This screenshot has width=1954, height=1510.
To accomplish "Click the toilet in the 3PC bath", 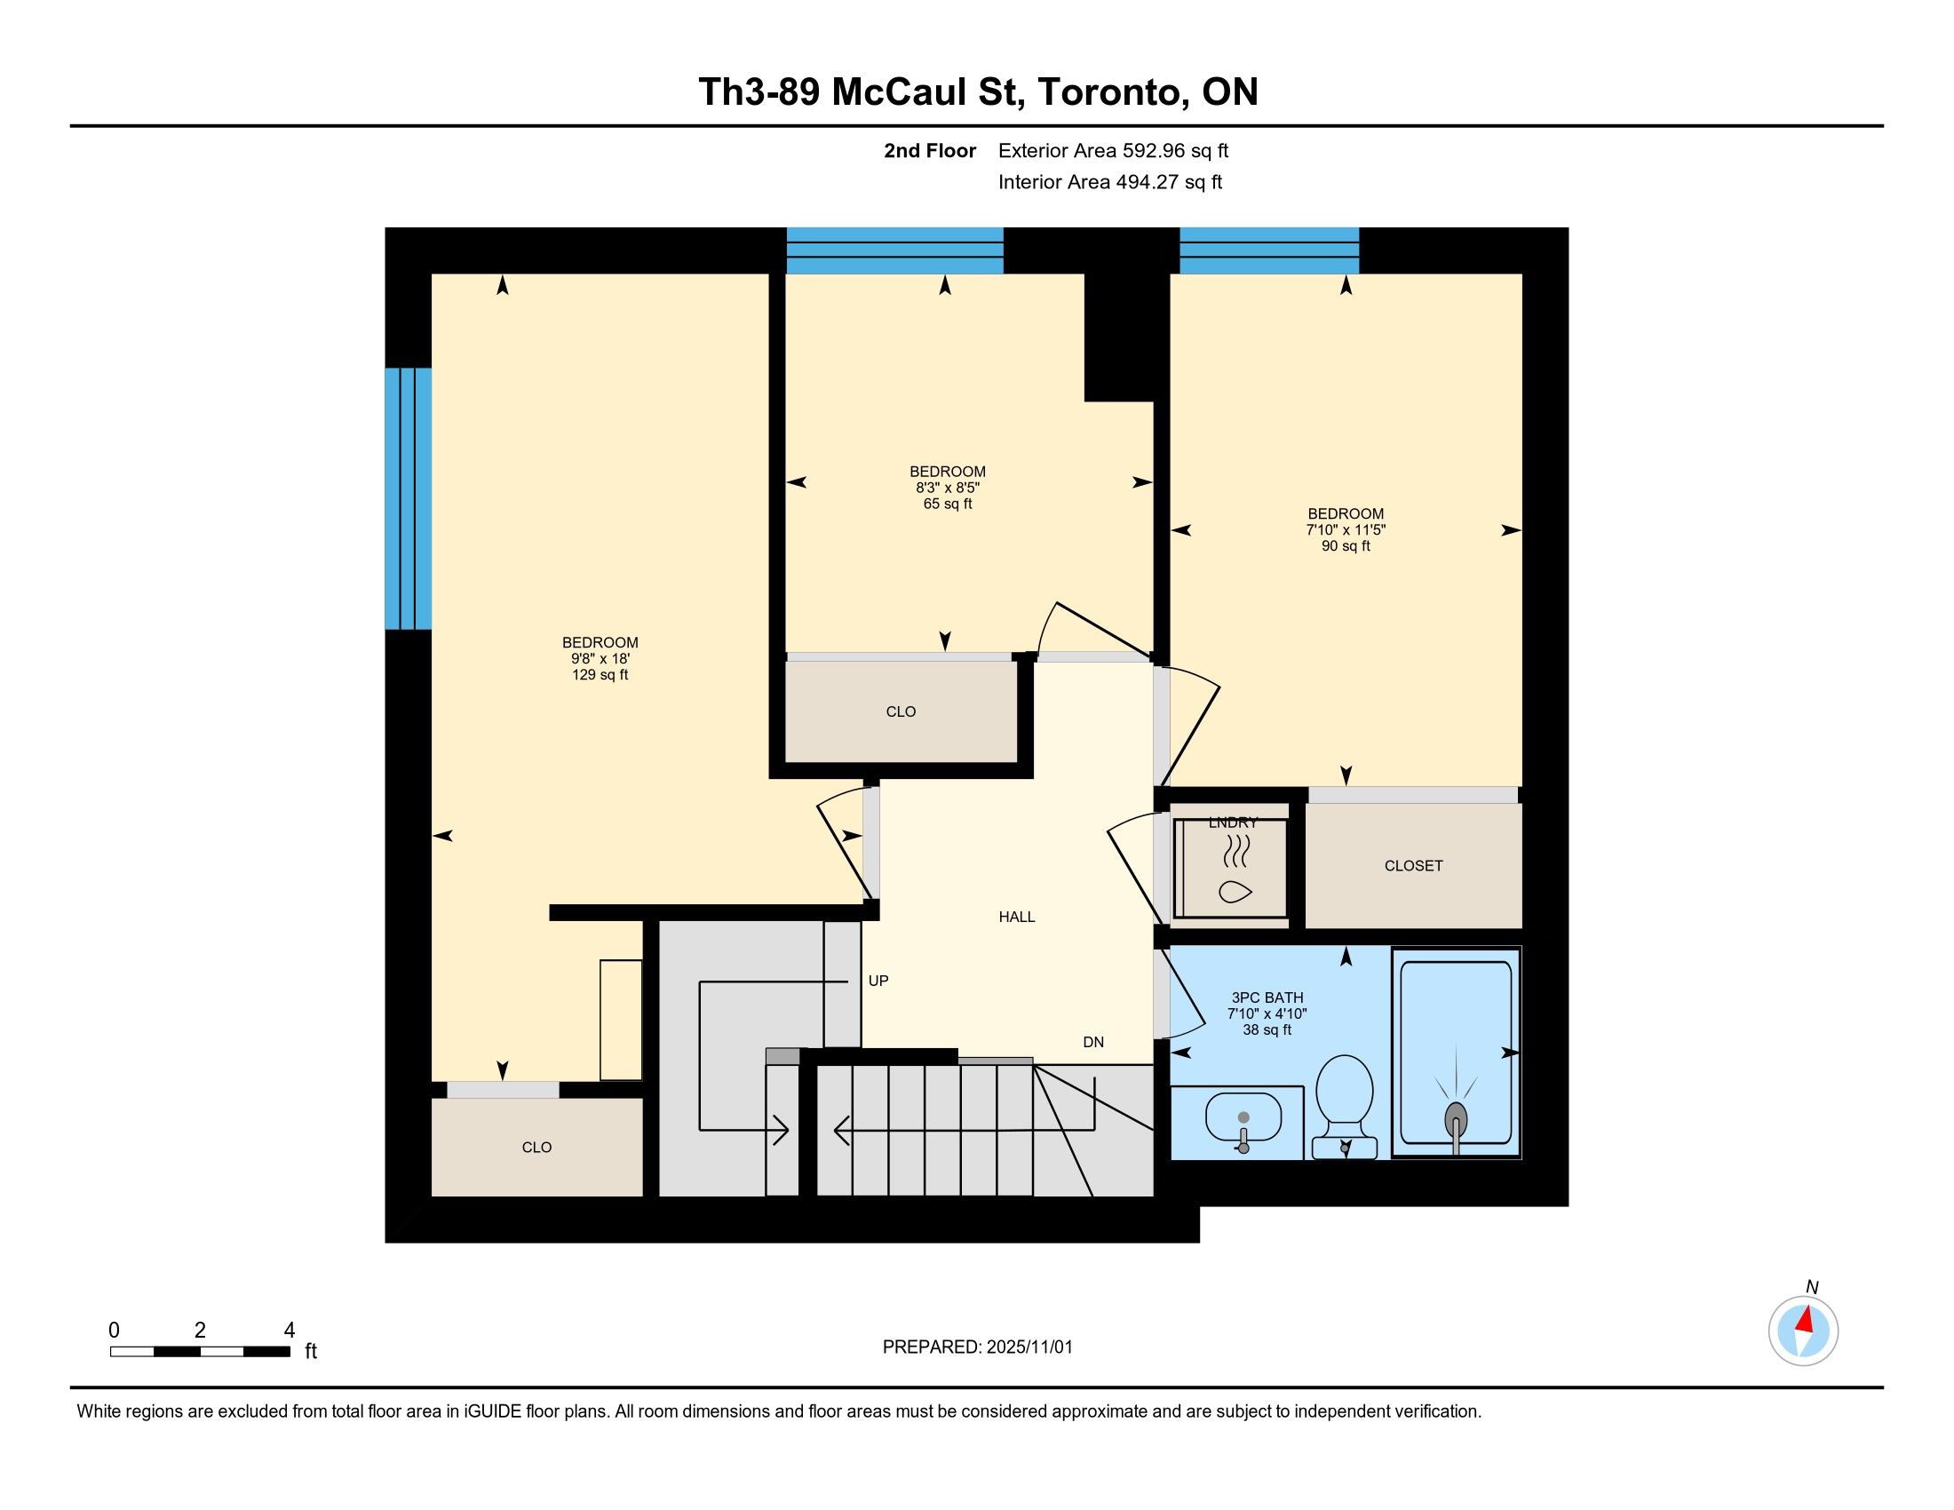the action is [x=1345, y=1107].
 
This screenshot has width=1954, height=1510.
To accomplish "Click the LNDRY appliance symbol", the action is [x=1235, y=868].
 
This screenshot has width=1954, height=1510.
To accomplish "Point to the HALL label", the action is [x=1016, y=917].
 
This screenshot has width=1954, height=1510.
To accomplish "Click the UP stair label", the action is [x=878, y=981].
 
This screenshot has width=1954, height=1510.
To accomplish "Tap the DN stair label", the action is [x=1093, y=1042].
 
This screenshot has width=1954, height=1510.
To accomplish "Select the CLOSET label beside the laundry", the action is [x=1414, y=866].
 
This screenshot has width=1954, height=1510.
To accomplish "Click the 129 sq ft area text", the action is [x=600, y=674].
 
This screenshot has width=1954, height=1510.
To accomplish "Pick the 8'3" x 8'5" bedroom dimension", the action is [x=948, y=488].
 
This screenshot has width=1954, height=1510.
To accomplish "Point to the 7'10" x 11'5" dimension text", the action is [x=1346, y=529].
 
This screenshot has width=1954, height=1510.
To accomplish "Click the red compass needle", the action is [x=1805, y=1320].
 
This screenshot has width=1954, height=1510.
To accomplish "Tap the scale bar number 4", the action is [x=289, y=1331].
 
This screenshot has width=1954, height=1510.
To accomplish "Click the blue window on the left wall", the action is [x=409, y=499].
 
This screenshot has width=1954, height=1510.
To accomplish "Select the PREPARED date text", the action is [x=977, y=1347].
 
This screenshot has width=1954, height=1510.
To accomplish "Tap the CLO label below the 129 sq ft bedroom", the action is [x=536, y=1148].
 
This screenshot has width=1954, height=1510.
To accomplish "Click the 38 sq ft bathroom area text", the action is [x=1267, y=1029].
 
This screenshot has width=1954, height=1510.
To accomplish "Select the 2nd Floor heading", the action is [x=930, y=151].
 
